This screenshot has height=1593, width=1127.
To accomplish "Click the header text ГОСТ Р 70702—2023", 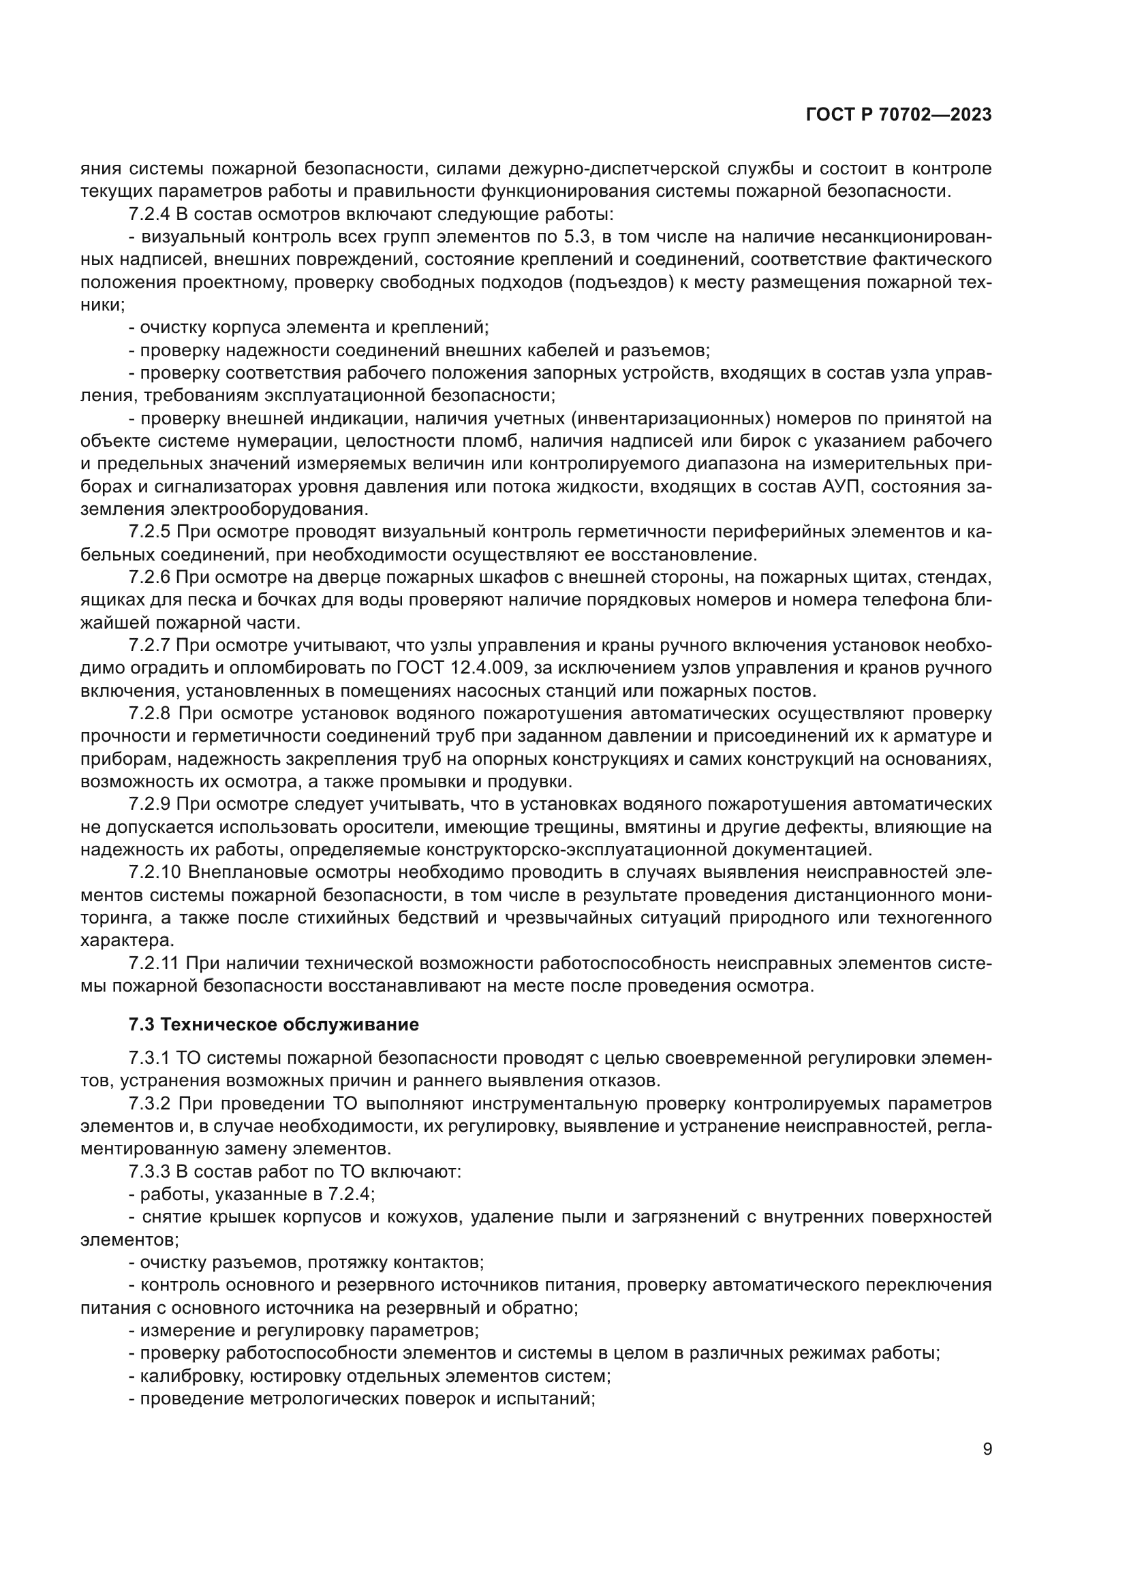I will (x=899, y=115).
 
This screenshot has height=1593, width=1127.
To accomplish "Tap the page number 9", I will (x=987, y=1449).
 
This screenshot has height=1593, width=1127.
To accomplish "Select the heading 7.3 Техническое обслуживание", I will (x=273, y=1025).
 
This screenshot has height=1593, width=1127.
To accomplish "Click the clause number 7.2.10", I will (x=154, y=872).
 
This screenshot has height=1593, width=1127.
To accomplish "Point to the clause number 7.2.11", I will (x=154, y=963).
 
